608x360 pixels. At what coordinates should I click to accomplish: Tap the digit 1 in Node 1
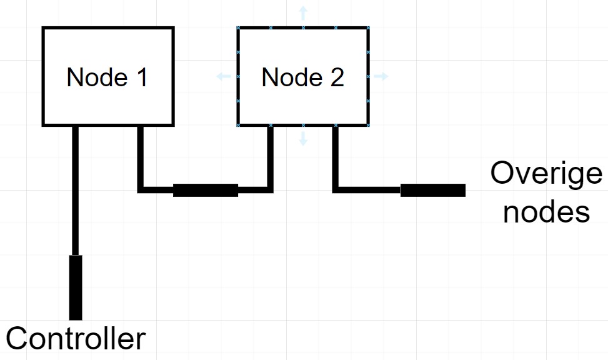[x=142, y=77]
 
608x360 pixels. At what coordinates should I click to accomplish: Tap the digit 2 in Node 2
[x=337, y=77]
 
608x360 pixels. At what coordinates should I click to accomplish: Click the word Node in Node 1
[x=97, y=77]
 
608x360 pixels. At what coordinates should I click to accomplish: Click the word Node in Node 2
[x=292, y=77]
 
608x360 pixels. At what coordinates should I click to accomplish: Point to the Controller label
[x=76, y=339]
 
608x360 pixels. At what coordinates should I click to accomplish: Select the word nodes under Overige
[x=546, y=212]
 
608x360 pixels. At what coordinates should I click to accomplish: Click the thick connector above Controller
[x=76, y=287]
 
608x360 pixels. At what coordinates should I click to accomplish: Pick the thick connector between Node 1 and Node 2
[x=206, y=190]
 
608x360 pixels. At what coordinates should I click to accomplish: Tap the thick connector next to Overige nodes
[x=433, y=190]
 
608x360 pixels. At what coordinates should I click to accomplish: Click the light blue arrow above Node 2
[x=303, y=13]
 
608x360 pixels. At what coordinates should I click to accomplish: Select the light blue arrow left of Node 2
[x=224, y=76]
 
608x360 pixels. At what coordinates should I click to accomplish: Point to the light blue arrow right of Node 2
[x=381, y=76]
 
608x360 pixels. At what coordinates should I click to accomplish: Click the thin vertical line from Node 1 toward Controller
[x=76, y=191]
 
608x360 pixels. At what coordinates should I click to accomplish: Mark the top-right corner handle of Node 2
[x=369, y=27]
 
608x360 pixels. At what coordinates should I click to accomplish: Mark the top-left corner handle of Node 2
[x=238, y=27]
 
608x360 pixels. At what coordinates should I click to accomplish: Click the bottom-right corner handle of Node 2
[x=369, y=125]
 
